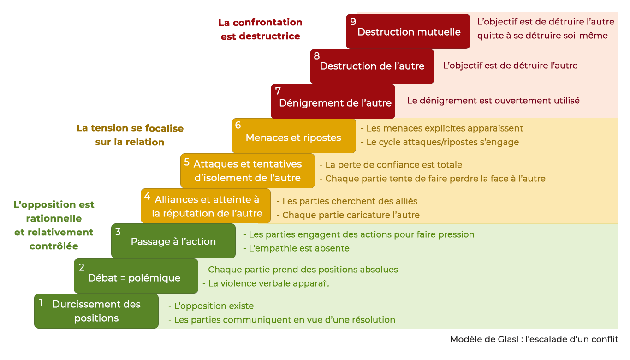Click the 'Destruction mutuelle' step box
(x=408, y=32)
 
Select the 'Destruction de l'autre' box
(x=372, y=66)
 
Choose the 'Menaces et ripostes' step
(x=293, y=138)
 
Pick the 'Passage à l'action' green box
(x=173, y=241)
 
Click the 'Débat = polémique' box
(x=134, y=278)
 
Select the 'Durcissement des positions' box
(x=96, y=311)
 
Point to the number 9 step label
(x=353, y=22)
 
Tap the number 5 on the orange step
(x=187, y=162)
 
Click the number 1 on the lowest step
(x=41, y=303)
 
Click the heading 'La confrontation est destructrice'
(x=261, y=29)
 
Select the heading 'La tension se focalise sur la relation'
(x=130, y=135)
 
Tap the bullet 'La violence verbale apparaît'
(x=268, y=283)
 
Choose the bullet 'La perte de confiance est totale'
(x=393, y=165)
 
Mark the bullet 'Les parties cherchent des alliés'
(x=350, y=201)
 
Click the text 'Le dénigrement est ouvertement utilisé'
(x=493, y=101)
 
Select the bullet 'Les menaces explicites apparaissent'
(x=445, y=128)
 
